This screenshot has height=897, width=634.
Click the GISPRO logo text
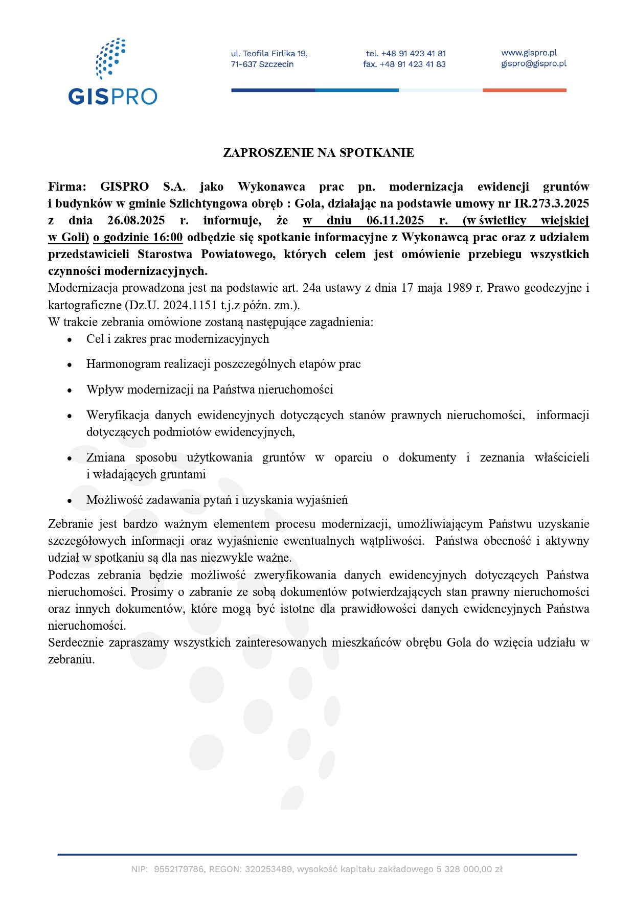[x=112, y=97]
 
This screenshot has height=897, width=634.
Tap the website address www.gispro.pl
[x=529, y=53]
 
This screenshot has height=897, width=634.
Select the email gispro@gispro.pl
[x=533, y=63]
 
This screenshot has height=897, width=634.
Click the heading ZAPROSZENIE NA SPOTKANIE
[x=318, y=153]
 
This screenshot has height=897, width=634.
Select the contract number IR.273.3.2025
[x=551, y=203]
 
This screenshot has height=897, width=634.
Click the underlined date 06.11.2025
[x=395, y=220]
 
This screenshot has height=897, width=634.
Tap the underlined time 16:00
[x=168, y=237]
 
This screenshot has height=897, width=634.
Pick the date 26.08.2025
[x=136, y=220]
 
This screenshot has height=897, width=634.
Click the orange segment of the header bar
[x=524, y=90]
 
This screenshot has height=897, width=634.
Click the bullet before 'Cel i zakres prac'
[x=70, y=340]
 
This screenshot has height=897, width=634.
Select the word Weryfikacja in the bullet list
[x=117, y=415]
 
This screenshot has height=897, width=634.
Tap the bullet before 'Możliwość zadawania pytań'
[x=70, y=501]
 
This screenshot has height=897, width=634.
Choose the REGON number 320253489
[x=268, y=869]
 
